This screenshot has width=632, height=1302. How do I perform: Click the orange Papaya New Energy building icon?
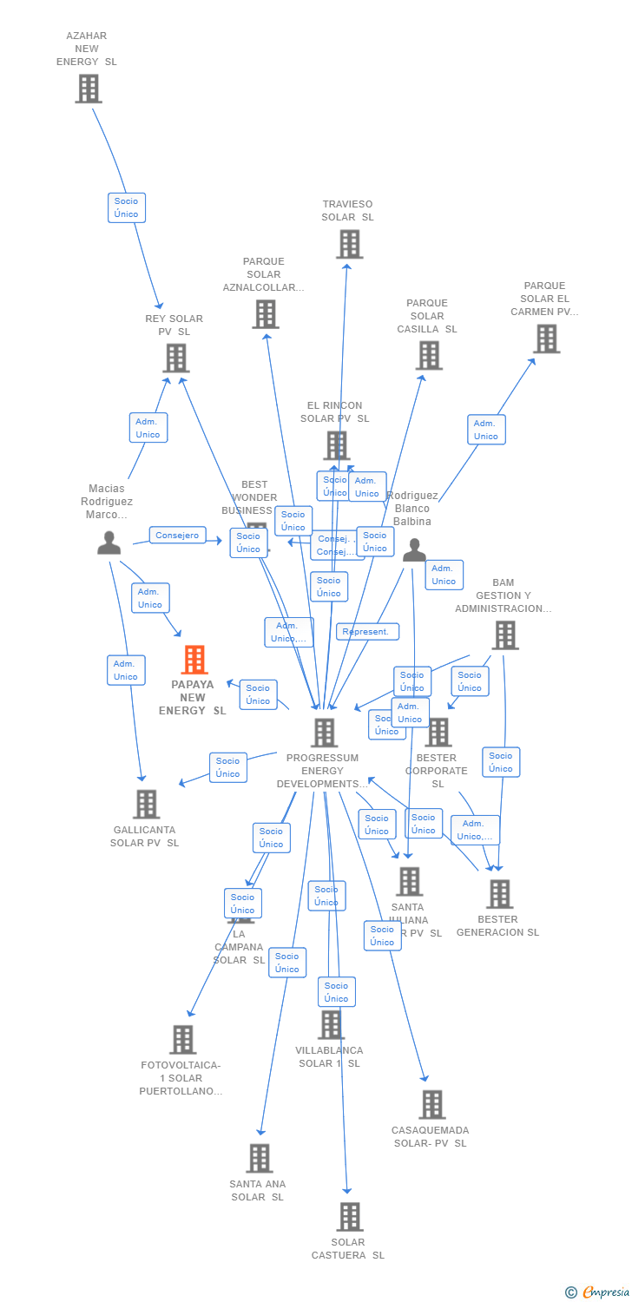point(194,660)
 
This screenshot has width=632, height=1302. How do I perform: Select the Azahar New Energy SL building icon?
point(88,89)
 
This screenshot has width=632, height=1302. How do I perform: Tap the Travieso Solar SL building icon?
point(349,245)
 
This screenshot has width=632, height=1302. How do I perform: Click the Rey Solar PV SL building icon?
point(175,358)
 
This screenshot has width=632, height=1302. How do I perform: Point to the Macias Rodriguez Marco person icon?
point(109,542)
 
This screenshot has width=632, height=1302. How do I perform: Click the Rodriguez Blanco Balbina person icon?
point(414,549)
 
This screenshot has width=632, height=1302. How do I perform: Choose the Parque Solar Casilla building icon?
point(428,355)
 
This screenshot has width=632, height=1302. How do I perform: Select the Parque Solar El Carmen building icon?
point(546,339)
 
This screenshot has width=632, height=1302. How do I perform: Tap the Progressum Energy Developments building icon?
point(324,733)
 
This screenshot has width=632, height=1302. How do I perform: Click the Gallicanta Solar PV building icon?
point(146,804)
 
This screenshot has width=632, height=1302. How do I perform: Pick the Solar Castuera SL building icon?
point(349,1217)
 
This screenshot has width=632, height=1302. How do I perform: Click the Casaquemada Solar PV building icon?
point(431,1105)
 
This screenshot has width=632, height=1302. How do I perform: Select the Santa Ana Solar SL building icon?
point(259,1158)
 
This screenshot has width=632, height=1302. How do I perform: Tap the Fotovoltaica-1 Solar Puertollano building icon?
point(182,1039)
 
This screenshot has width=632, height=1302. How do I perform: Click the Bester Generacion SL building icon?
point(499,894)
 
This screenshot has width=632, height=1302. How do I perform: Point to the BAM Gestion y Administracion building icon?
point(504,635)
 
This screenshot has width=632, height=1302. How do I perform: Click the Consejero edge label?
point(177,536)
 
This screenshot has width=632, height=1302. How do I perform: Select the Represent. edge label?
point(367,632)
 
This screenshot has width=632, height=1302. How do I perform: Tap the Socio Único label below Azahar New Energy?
point(127,207)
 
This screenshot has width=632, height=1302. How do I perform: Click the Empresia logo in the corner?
point(604,1292)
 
